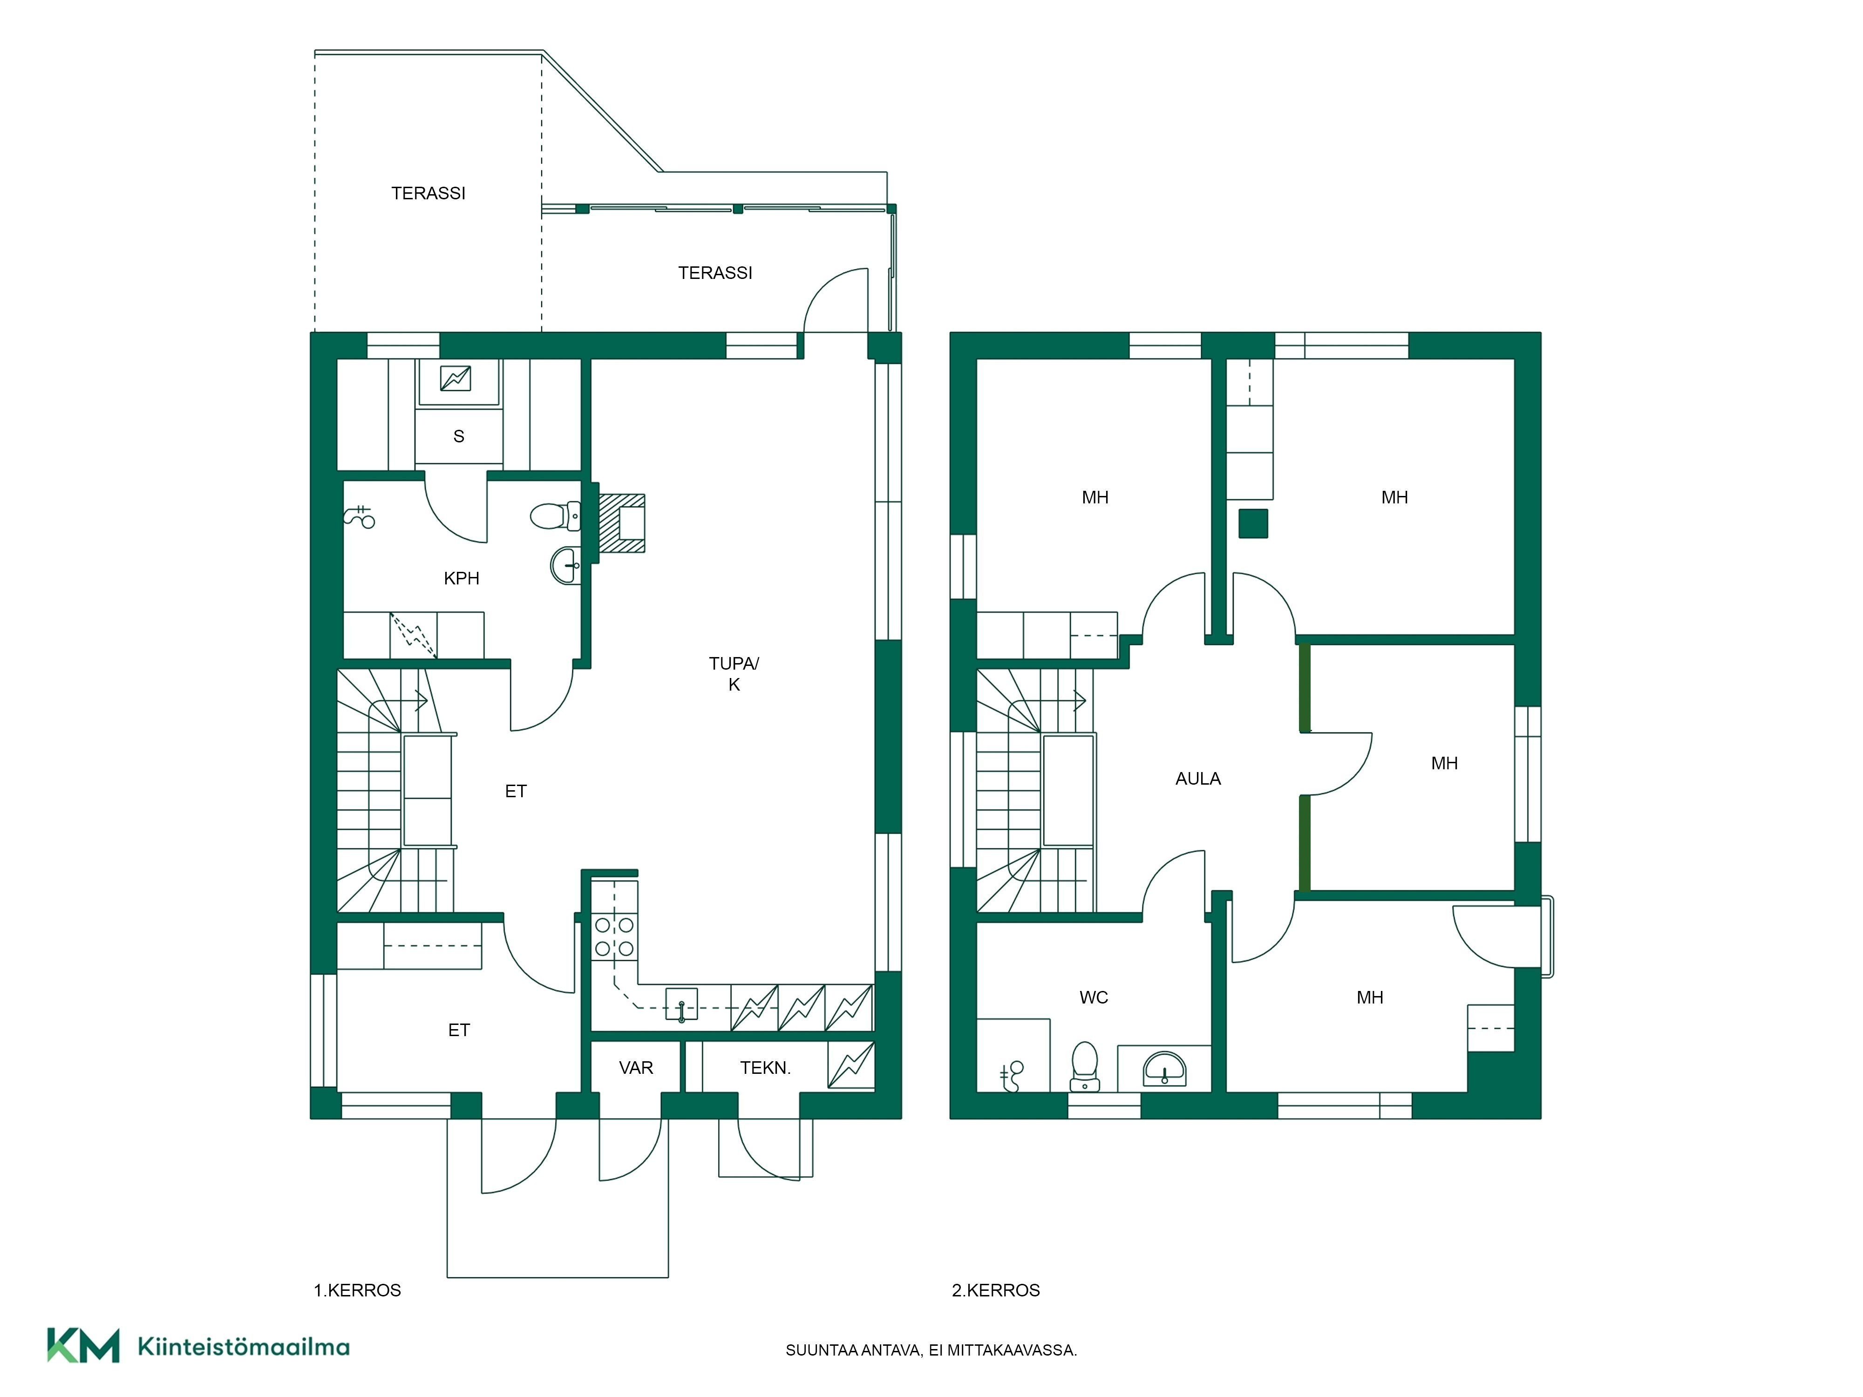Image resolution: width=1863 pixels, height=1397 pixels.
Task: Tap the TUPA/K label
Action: (x=734, y=674)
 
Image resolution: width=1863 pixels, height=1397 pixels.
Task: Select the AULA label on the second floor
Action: (x=1197, y=779)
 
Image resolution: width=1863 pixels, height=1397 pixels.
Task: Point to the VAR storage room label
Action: (x=636, y=1068)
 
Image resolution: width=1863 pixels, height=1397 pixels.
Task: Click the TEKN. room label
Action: (x=765, y=1068)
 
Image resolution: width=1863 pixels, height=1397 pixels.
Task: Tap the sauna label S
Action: (x=459, y=436)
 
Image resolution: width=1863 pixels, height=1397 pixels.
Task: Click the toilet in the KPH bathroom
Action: (x=555, y=515)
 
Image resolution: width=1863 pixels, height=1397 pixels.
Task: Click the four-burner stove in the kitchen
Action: (x=614, y=936)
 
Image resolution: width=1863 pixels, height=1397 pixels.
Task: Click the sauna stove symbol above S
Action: (x=456, y=379)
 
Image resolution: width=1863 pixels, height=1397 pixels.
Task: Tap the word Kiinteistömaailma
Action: (x=244, y=1347)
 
